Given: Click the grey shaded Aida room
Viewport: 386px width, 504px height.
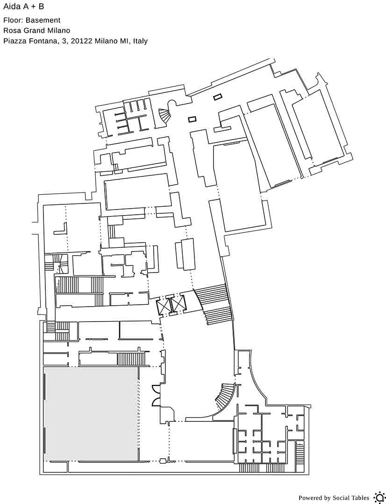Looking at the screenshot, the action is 91,414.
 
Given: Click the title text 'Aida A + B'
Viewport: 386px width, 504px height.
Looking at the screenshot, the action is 23,7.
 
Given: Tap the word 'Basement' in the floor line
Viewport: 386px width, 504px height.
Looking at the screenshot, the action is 43,20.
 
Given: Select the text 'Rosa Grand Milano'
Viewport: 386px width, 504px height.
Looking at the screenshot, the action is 37,30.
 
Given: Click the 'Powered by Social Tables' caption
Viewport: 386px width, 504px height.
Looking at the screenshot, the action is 334,498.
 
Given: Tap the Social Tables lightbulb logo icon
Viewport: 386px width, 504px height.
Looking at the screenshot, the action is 379,497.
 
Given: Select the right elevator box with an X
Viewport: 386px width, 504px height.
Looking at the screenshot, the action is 179,304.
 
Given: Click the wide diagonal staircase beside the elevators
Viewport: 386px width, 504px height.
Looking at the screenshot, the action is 214,304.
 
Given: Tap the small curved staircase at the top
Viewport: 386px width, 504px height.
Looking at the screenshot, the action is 165,116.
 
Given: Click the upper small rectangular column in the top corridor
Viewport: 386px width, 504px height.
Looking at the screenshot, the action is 217,97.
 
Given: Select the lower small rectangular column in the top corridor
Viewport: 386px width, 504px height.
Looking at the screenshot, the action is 192,119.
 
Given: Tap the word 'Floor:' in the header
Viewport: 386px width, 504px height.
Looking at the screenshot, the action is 13,20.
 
